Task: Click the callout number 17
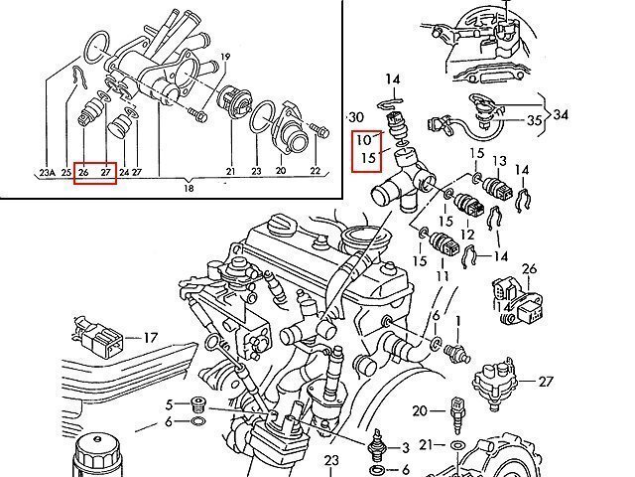[x=150, y=338]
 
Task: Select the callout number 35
[x=534, y=120]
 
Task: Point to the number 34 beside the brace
[x=561, y=115]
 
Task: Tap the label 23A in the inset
[x=47, y=172]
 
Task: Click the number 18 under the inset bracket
[x=189, y=188]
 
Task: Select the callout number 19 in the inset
[x=225, y=57]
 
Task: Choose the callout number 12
[x=467, y=235]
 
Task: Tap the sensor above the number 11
[x=444, y=245]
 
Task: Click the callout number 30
[x=356, y=117]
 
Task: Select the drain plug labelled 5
[x=198, y=404]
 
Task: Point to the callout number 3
[x=405, y=448]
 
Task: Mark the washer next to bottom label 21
[x=457, y=445]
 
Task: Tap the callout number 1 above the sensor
[x=458, y=322]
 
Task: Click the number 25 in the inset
[x=66, y=172]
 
